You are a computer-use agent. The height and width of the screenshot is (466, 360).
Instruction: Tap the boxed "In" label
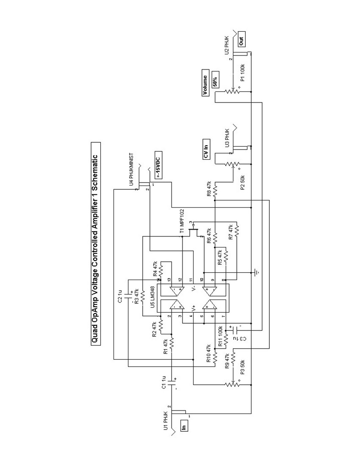[x=183, y=425]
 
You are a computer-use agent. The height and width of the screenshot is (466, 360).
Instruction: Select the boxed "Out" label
[x=241, y=42]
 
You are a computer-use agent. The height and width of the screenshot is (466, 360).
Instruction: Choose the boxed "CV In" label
[x=206, y=151]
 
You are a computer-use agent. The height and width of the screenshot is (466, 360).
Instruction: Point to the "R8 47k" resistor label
[x=208, y=188]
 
